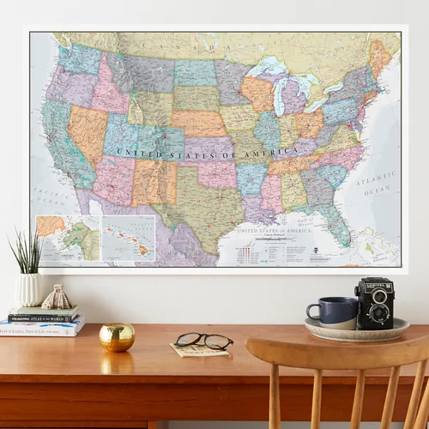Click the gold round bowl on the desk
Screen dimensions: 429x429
tap(117, 336)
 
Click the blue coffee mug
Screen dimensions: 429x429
tap(330, 311)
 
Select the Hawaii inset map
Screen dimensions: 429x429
tap(128, 236)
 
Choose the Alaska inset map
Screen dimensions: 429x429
tap(67, 237)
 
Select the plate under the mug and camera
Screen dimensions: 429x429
tap(356, 329)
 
